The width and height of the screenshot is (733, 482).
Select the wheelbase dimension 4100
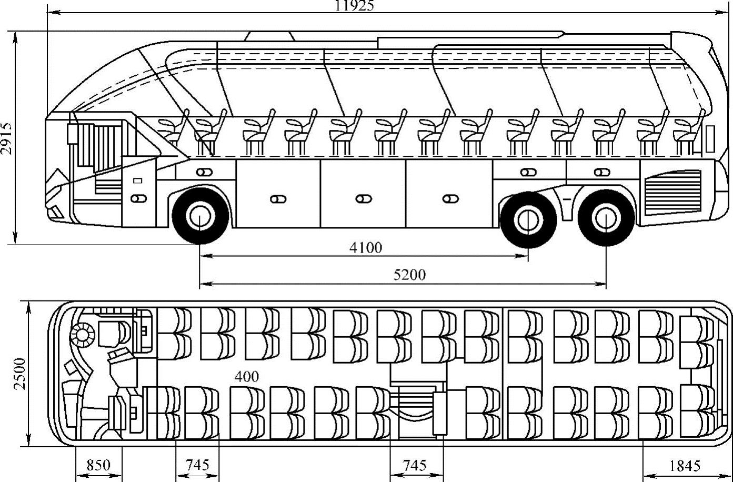[366, 247]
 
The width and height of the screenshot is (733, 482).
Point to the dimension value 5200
[409, 275]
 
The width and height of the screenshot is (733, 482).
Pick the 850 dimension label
[98, 465]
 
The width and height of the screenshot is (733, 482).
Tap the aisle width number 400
[246, 377]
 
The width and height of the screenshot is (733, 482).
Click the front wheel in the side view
[200, 216]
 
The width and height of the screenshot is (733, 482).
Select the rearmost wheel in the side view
[606, 217]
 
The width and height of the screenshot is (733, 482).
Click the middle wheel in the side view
[528, 218]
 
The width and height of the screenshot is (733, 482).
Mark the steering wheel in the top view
[82, 335]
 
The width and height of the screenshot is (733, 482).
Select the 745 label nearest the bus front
[197, 465]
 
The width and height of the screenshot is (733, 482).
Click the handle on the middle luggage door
[363, 199]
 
